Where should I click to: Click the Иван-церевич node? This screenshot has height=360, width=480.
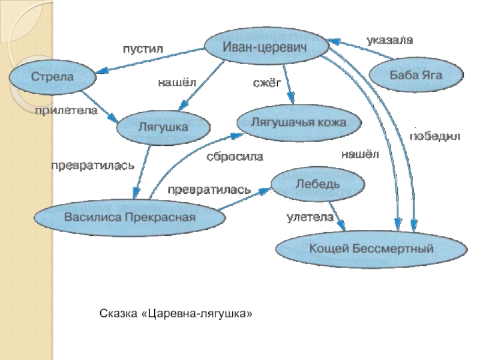click(266, 46)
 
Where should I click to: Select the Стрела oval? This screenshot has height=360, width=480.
click(52, 77)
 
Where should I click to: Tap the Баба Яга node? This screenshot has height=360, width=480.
click(416, 76)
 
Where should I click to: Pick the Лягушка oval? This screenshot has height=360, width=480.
click(163, 127)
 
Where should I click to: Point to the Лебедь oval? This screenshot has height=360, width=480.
click(318, 183)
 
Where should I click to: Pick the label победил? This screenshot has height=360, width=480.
click(434, 137)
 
